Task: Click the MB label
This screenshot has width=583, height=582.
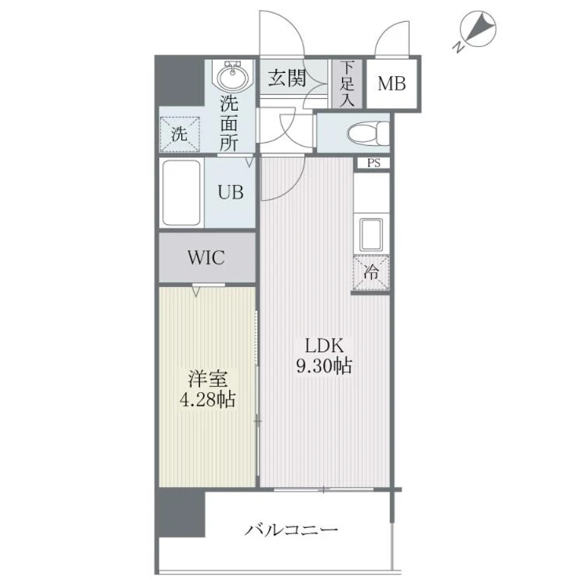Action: click(x=392, y=84)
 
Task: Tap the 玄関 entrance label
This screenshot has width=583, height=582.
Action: click(x=287, y=78)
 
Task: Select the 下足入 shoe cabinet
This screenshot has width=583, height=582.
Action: click(x=347, y=84)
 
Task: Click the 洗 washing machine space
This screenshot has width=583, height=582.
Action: click(x=180, y=134)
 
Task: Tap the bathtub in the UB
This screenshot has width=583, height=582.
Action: click(x=181, y=192)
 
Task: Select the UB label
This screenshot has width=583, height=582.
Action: click(x=231, y=192)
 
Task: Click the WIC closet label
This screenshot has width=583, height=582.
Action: click(x=206, y=257)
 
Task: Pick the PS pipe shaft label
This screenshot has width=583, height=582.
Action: click(x=373, y=163)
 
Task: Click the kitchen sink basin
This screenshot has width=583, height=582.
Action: click(x=370, y=235)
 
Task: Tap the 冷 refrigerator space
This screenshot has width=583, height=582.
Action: click(x=371, y=272)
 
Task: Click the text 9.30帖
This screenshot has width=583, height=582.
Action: click(x=324, y=366)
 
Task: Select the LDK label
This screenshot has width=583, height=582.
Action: click(x=324, y=346)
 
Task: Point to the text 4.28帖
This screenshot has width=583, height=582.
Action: click(x=207, y=399)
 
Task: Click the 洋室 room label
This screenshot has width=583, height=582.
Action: click(x=207, y=379)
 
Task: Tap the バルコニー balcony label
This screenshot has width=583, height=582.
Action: click(x=291, y=529)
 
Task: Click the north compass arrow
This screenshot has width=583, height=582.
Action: click(x=479, y=26)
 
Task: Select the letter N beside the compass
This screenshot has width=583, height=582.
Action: click(x=458, y=47)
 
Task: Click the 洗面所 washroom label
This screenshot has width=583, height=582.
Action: click(x=228, y=122)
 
